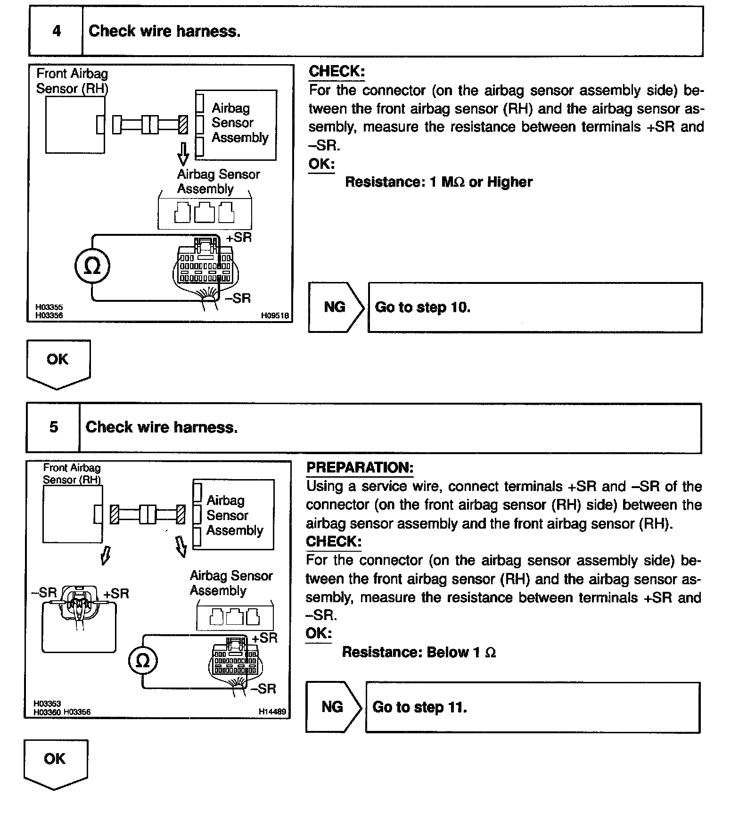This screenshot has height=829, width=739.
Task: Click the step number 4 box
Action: coord(56,32)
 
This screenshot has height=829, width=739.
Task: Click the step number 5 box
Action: coord(53,428)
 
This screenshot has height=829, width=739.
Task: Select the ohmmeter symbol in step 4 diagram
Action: coord(92,267)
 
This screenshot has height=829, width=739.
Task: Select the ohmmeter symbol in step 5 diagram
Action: coord(142,661)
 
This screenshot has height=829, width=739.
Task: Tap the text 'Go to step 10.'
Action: coord(422,307)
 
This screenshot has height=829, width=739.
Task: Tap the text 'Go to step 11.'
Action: coord(419,707)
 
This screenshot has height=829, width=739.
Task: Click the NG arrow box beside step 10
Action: coord(335,307)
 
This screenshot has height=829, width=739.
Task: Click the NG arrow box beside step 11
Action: coord(332,707)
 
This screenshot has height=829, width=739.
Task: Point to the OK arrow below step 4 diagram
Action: coord(58,363)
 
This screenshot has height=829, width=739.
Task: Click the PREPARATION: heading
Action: coord(360,468)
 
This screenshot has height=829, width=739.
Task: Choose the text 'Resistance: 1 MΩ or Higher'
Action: coord(438,182)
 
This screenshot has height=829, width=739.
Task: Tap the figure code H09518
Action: coord(275,315)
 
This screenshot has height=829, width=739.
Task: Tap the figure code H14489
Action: coord(272,712)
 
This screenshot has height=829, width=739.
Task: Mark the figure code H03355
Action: coord(49,307)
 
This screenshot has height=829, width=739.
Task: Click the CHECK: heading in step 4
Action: coord(337,72)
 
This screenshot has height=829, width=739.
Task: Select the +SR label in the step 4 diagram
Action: coord(239,238)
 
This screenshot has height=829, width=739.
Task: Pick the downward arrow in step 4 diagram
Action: coord(184,154)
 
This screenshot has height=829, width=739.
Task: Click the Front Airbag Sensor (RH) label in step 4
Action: coord(72,81)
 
